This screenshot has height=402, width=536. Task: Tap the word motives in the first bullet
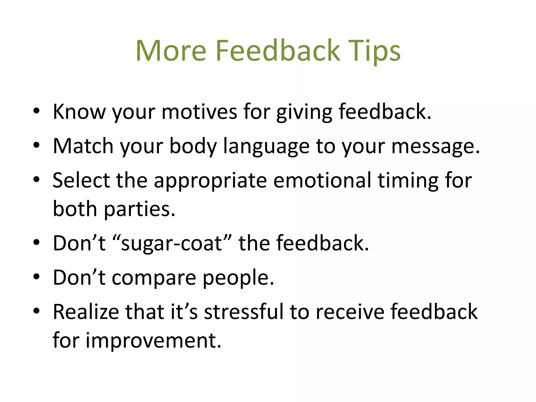tap(199, 112)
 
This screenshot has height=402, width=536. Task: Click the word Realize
tap(86, 312)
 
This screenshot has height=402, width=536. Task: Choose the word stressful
tap(244, 312)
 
